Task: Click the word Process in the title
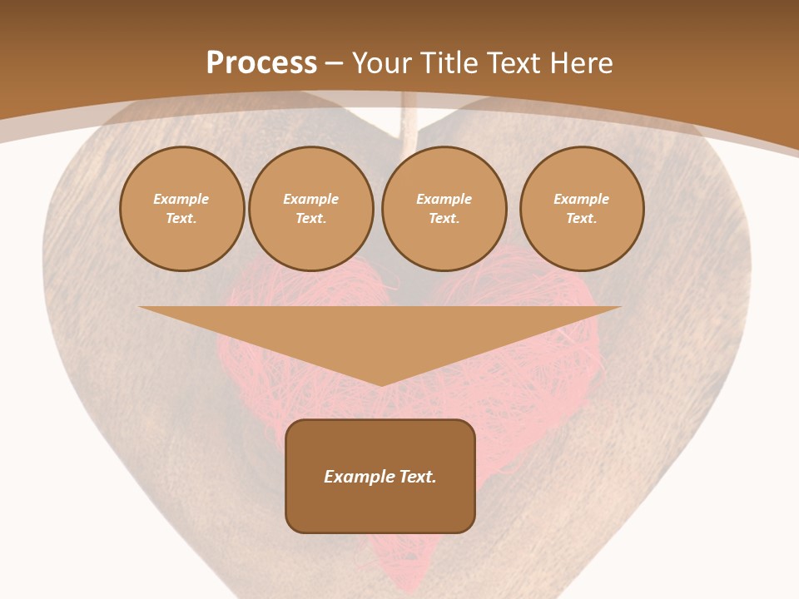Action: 261,63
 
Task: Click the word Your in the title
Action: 382,63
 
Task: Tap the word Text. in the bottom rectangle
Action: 417,477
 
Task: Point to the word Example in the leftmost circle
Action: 181,200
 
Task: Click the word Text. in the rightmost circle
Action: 582,219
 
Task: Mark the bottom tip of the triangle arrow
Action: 381,384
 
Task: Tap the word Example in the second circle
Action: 311,200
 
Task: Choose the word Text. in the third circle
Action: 444,219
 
